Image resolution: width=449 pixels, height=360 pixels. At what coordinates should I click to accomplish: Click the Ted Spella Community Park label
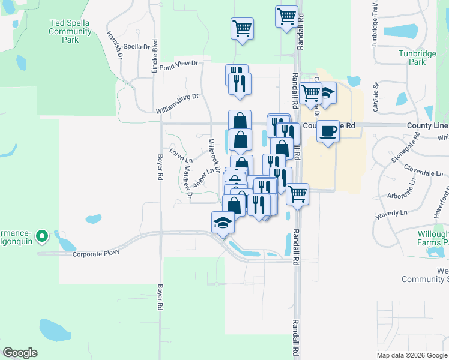tap(71, 31)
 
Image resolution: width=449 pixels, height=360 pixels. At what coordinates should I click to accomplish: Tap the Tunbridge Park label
tap(417, 57)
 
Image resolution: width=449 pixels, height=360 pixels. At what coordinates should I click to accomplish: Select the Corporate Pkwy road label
tap(95, 253)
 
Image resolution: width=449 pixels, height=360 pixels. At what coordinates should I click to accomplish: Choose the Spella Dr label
tap(137, 46)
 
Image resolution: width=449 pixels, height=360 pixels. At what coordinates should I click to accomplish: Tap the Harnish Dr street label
tap(115, 44)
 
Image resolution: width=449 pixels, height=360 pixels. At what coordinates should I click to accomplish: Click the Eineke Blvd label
tap(154, 52)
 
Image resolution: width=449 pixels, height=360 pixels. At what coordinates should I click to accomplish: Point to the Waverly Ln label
tap(391, 213)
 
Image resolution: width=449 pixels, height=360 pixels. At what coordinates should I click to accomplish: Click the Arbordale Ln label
tap(403, 188)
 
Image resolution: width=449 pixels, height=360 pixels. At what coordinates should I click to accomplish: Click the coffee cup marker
tap(328, 130)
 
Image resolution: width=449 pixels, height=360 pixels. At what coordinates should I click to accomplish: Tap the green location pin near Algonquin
tap(41, 236)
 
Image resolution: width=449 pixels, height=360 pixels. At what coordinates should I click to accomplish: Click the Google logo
tap(20, 353)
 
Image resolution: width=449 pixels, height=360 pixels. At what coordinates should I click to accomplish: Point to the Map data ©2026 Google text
tap(412, 355)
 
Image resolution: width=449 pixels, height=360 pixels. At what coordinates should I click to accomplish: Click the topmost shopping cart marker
tap(287, 16)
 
